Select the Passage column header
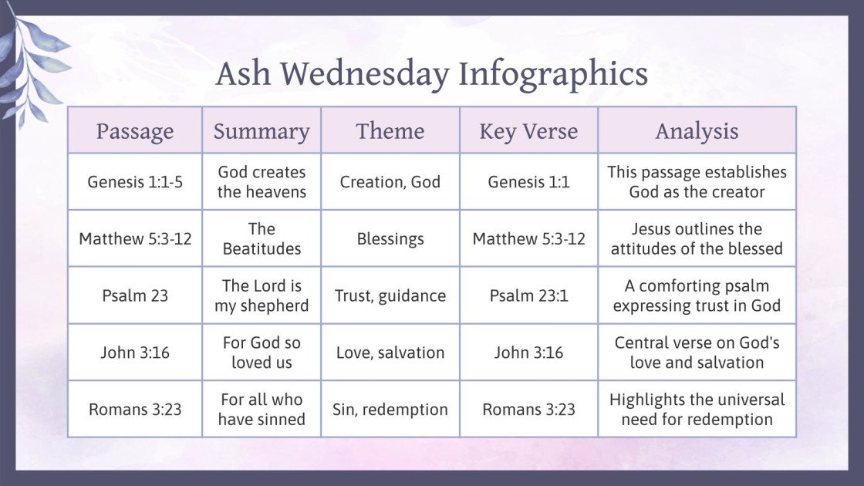135,131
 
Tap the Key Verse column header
528,131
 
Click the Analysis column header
697,131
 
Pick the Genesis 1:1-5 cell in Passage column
135,182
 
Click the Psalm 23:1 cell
528,295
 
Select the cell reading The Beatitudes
262,238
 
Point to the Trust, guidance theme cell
390,295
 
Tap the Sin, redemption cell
390,409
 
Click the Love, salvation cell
390,353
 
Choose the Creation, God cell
390,182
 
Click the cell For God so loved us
262,353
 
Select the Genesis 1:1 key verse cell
528,182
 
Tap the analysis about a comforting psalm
697,295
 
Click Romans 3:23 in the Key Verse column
528,409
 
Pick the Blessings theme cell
390,238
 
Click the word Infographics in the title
553,74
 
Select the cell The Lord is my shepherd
262,295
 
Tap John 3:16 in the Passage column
135,353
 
